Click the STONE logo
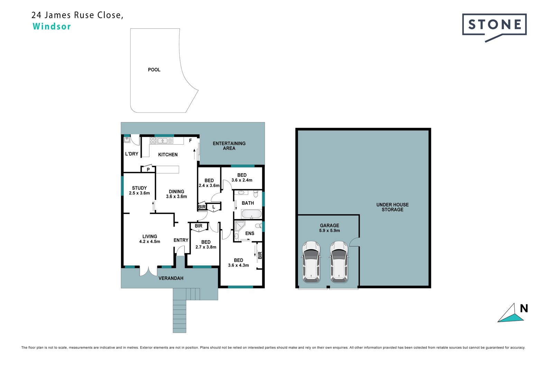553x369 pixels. [494, 27]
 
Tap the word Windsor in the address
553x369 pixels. [51, 26]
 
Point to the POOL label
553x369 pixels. [154, 70]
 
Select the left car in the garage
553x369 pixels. [311, 261]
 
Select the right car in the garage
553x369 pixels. [339, 261]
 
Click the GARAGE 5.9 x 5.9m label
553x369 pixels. [329, 228]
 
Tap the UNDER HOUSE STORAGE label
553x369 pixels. [392, 207]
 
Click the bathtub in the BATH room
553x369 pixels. [251, 214]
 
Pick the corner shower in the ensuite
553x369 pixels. [239, 226]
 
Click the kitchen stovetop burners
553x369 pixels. [153, 140]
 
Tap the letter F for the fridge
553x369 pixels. [190, 140]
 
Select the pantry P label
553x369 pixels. [148, 169]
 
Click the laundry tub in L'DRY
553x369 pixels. [127, 140]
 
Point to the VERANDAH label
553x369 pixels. [171, 278]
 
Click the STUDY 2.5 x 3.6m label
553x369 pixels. [139, 191]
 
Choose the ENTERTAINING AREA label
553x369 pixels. [229, 146]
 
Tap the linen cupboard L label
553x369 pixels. [214, 207]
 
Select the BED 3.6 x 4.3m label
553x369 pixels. [238, 262]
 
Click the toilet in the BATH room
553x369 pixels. [255, 194]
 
